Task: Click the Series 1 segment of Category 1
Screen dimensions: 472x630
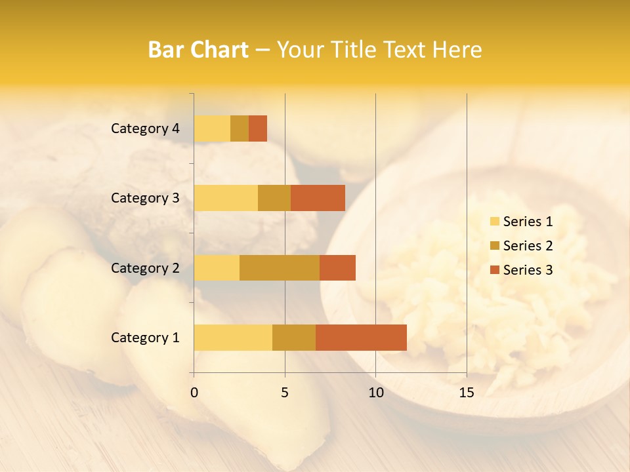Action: coord(233,337)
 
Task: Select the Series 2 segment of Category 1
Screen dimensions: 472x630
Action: coord(294,337)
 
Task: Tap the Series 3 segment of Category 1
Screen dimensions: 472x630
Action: coord(361,337)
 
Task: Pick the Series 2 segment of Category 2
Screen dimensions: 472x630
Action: coord(280,267)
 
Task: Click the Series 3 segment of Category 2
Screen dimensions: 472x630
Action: coord(337,267)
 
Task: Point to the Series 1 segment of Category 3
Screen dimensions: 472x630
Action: coord(226,198)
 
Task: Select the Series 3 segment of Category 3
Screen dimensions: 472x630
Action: coord(318,198)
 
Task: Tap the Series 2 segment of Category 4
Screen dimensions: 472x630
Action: coord(240,128)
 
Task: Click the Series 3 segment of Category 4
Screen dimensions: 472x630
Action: coord(258,128)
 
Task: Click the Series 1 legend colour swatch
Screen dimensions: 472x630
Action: coord(494,222)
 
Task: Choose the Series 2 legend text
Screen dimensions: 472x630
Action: coord(528,246)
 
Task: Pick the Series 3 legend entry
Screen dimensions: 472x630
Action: coord(521,270)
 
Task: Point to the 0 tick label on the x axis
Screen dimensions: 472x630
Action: coord(194,393)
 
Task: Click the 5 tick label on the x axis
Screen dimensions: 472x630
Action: coord(285,393)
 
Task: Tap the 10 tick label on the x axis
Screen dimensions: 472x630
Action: coord(375,393)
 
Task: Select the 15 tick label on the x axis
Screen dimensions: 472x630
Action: coord(467,393)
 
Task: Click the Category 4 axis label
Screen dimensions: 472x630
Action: coord(145,128)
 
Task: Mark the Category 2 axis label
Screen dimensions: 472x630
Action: coord(145,267)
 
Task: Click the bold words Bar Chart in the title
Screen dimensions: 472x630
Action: coord(198,50)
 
